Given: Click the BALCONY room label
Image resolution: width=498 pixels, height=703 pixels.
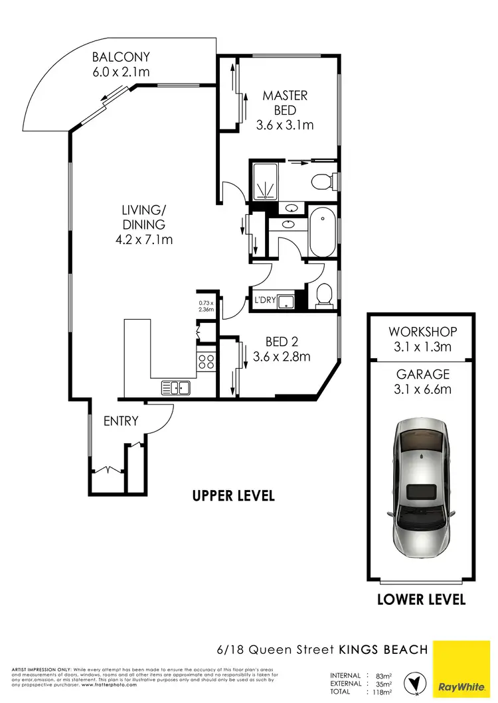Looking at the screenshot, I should tap(122, 57).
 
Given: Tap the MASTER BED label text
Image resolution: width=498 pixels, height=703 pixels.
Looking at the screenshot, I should tap(285, 103).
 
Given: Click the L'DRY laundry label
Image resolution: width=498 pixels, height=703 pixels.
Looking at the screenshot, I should tap(265, 300).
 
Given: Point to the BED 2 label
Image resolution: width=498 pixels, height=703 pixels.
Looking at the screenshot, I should tap(282, 342).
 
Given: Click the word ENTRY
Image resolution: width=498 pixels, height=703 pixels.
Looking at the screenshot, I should tap(121, 420).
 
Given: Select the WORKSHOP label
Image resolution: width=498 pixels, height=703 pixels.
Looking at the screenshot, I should tap(423, 332).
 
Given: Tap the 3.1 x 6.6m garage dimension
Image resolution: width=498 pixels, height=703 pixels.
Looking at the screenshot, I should tap(423, 389).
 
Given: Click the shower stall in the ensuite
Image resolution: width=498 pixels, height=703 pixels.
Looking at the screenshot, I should tap(266, 180).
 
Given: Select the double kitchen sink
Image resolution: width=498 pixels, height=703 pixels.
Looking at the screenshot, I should tap(175, 387).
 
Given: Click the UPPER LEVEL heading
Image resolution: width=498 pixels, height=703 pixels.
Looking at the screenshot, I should tap(233, 495).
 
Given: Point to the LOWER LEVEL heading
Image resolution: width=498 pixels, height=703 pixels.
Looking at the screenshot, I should tap(421, 600).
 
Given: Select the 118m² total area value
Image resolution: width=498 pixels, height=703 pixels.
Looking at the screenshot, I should tap(383, 692).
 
